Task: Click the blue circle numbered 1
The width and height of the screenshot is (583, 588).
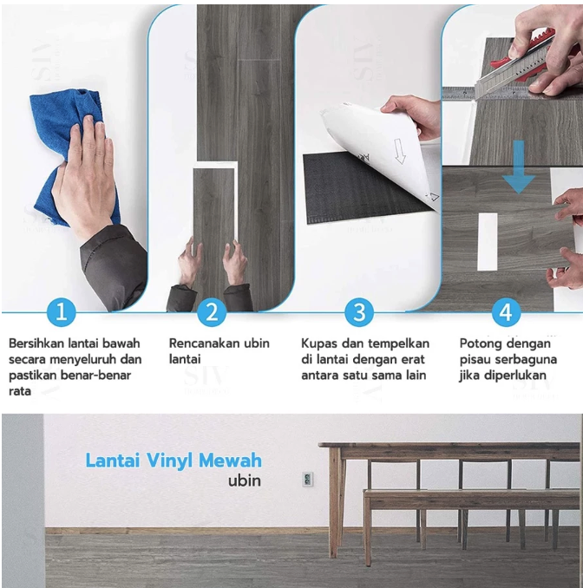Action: (x=61, y=312)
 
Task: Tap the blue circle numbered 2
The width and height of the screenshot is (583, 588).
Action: (x=212, y=312)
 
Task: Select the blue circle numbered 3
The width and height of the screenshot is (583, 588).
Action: (x=358, y=312)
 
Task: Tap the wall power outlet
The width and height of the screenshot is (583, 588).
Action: (x=308, y=479)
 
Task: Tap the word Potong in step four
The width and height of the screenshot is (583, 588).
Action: (x=479, y=343)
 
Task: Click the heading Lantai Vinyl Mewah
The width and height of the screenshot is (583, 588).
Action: (x=174, y=461)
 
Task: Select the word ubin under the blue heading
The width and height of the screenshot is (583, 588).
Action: (x=244, y=480)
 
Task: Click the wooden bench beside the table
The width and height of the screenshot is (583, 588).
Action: (x=468, y=500)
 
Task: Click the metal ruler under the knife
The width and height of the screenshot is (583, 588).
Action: (x=486, y=92)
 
